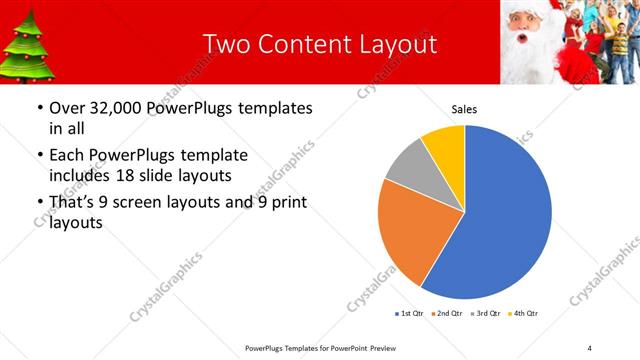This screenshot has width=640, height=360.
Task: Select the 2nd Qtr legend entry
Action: [x=445, y=314]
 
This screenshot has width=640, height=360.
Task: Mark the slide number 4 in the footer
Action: [x=590, y=347]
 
